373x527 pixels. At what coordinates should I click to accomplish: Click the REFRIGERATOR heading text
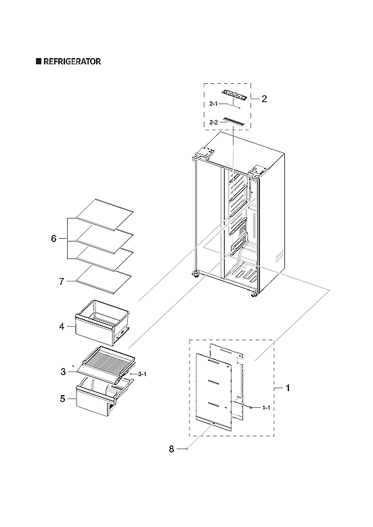click(72, 62)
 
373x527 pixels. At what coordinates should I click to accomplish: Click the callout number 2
click(264, 99)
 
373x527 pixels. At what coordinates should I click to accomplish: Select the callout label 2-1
click(214, 104)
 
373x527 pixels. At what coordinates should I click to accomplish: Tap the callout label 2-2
click(214, 122)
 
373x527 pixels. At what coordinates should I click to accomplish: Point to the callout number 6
click(53, 239)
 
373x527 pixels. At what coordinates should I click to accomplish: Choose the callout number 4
click(61, 326)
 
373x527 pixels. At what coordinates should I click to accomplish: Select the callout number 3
click(63, 371)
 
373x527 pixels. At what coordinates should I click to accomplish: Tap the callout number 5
click(62, 398)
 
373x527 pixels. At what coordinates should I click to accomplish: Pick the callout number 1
click(288, 388)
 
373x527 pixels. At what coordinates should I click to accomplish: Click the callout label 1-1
click(266, 408)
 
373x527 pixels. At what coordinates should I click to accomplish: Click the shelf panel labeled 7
click(102, 277)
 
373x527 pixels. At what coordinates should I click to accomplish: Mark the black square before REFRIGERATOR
click(39, 62)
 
